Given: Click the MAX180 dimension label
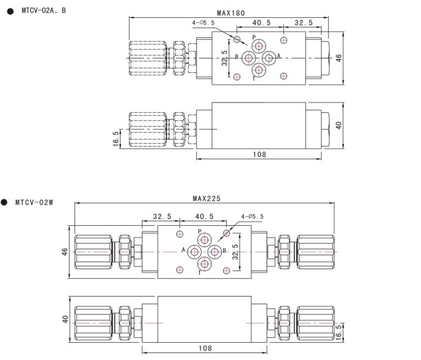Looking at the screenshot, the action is [x=231, y=13].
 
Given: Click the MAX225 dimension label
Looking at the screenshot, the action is [x=207, y=199].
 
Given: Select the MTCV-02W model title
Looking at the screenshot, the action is [x=34, y=202].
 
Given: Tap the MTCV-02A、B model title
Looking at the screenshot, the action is [x=44, y=11].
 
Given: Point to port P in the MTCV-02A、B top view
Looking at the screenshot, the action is [x=258, y=46].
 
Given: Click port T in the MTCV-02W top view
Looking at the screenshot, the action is [x=205, y=264].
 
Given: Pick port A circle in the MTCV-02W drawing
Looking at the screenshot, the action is [x=194, y=252].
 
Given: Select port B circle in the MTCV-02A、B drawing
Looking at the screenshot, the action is [x=248, y=58].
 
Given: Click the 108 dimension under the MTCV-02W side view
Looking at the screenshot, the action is [x=205, y=348].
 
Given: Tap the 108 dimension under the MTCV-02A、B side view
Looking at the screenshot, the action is [x=259, y=154].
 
